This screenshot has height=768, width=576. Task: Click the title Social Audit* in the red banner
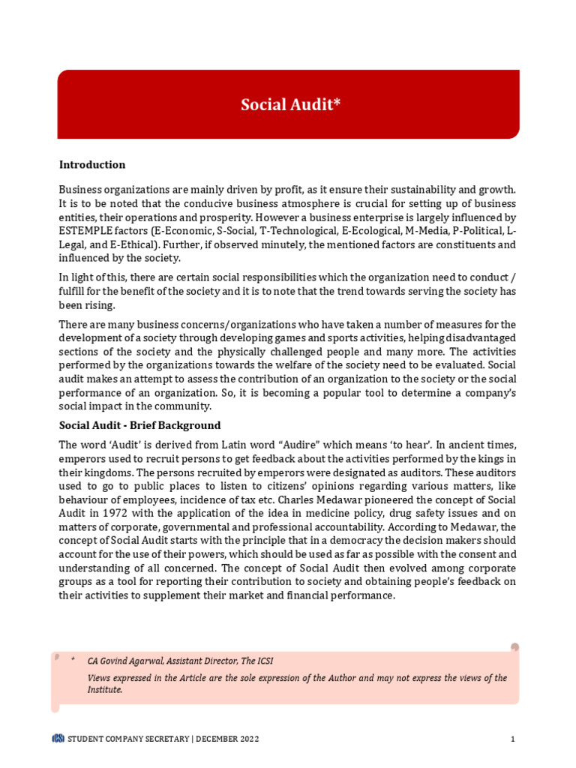[x=290, y=104]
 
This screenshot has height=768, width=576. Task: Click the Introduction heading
[x=92, y=165]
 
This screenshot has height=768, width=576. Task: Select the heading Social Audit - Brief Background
[x=140, y=425]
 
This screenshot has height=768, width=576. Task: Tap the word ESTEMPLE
[x=85, y=231]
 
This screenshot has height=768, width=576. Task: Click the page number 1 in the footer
[x=512, y=739]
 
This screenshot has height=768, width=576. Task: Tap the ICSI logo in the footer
[x=58, y=739]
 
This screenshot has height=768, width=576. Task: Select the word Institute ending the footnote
[x=104, y=689]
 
